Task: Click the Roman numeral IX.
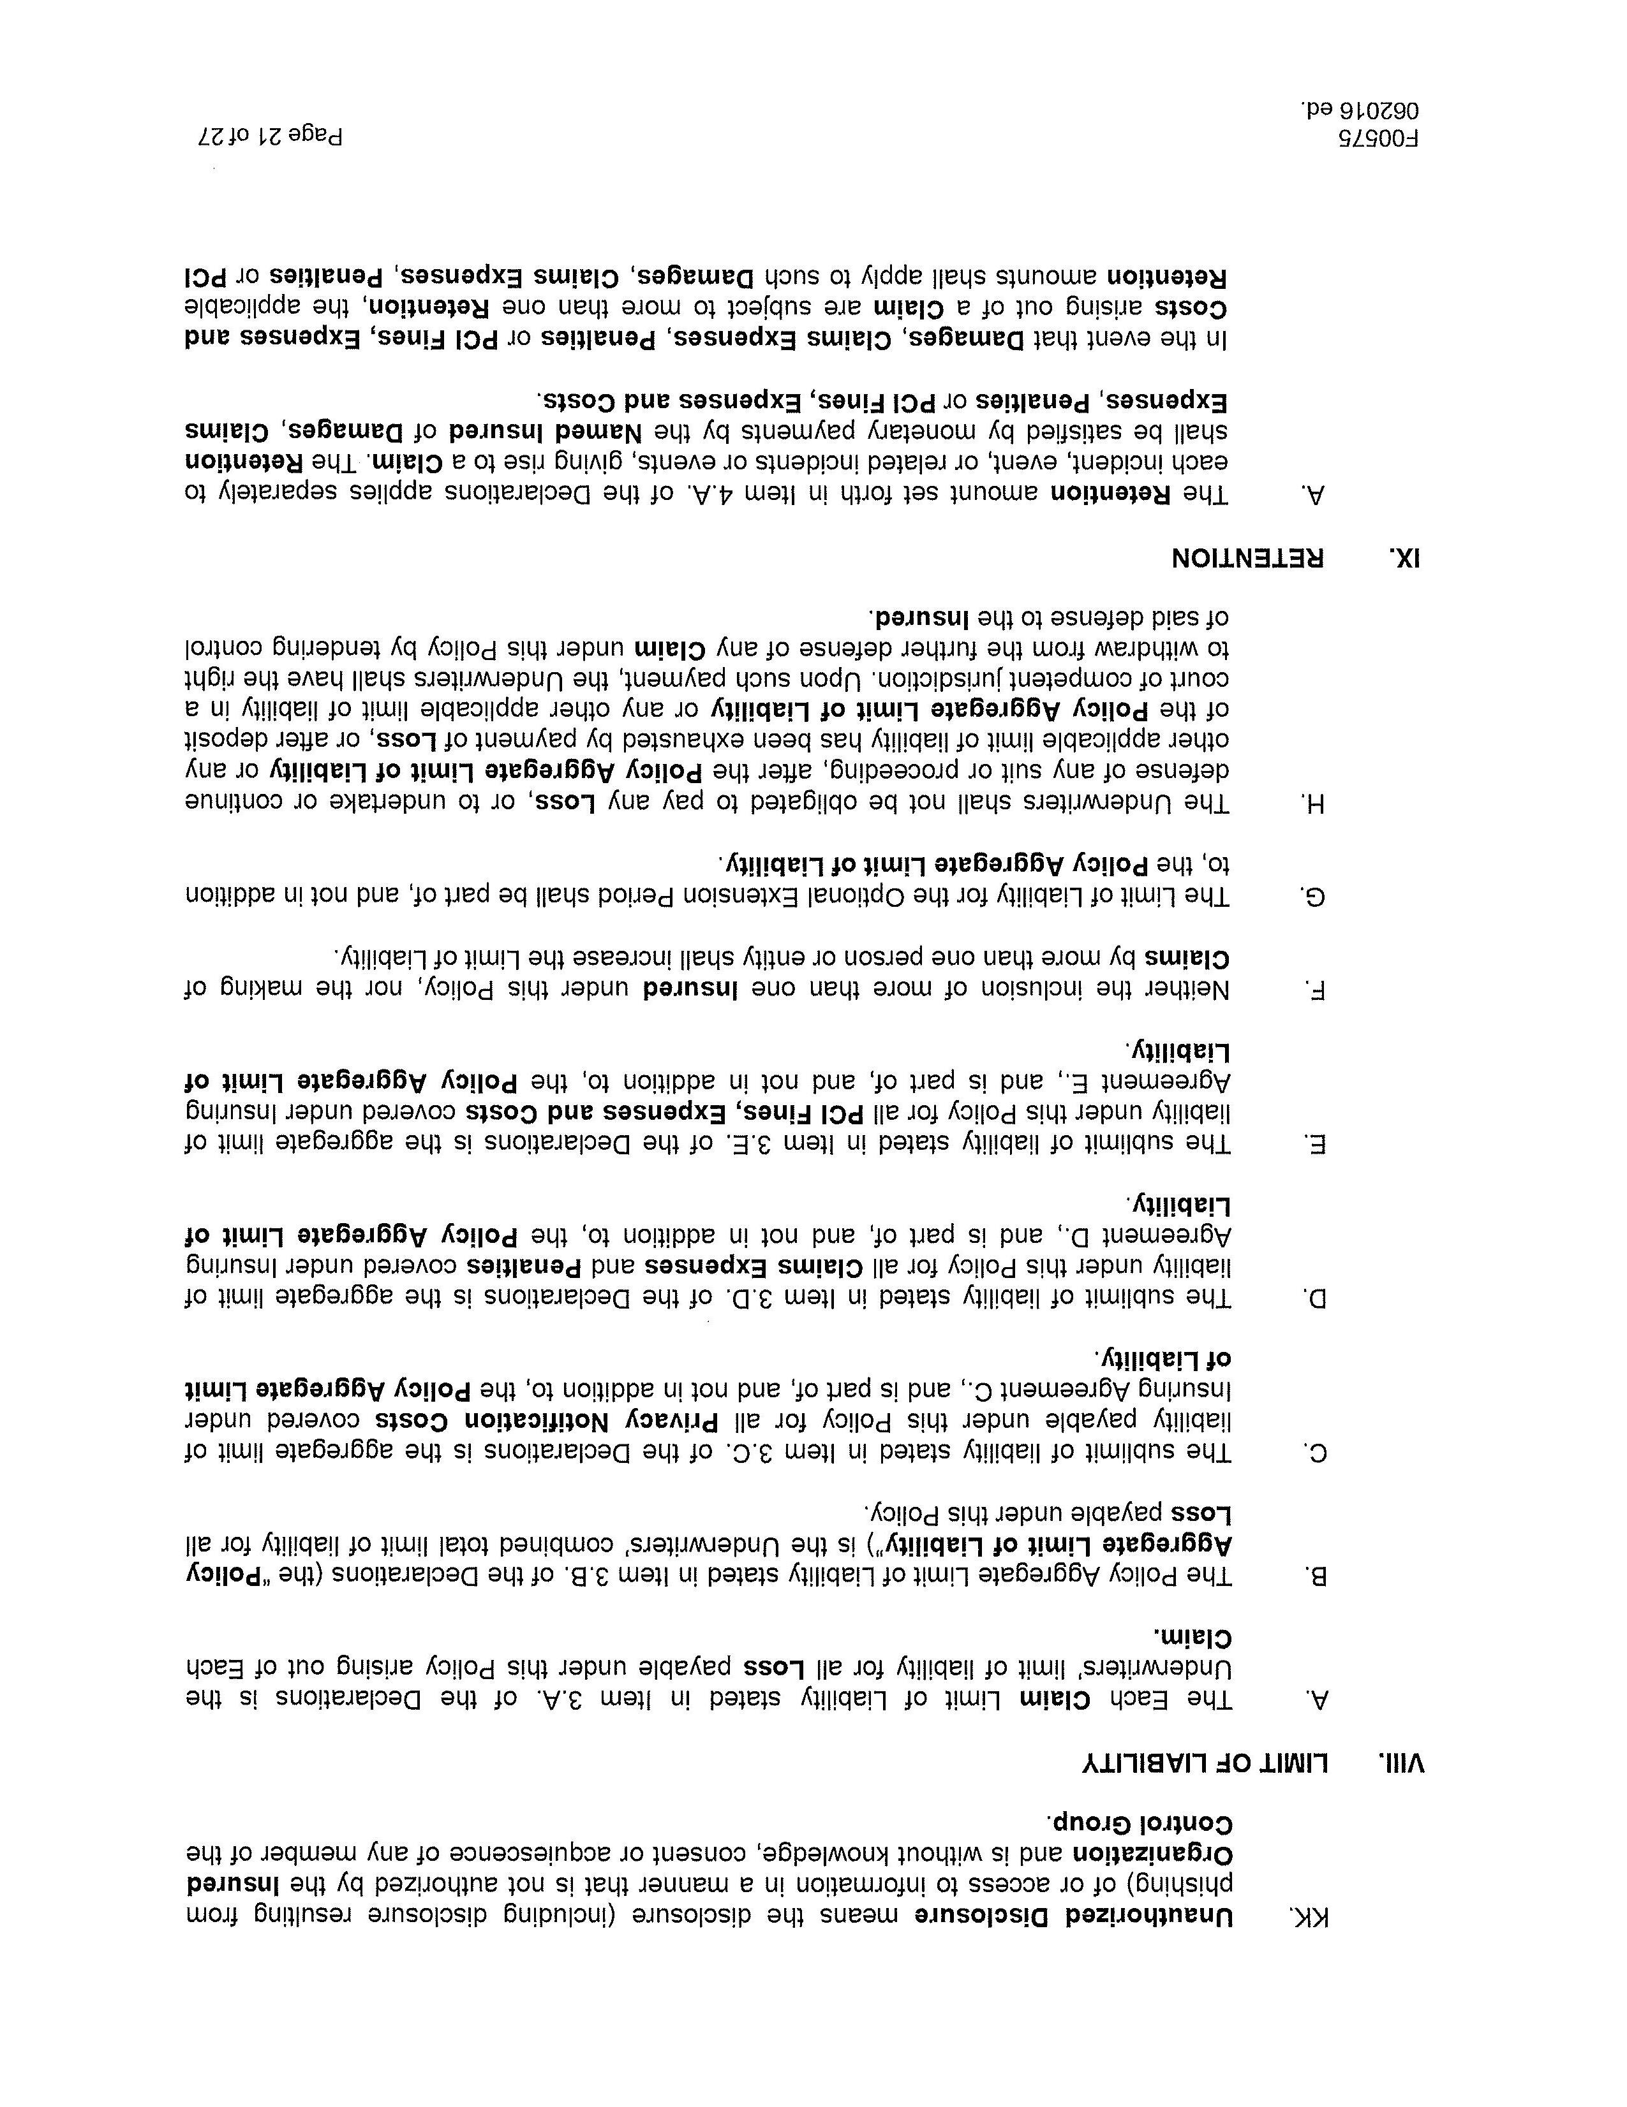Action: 1406,559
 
